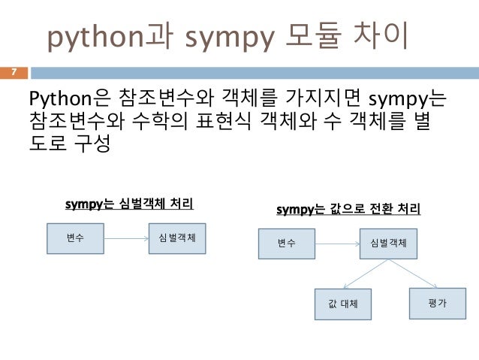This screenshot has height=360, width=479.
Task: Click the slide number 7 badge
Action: pyautogui.click(x=14, y=72)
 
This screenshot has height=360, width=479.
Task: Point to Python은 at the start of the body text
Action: pyautogui.click(x=71, y=98)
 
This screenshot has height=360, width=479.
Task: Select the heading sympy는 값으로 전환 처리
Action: pyautogui.click(x=348, y=208)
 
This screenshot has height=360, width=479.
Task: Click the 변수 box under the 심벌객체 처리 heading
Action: pyautogui.click(x=75, y=238)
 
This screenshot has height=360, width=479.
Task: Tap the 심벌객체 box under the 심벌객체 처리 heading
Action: pyautogui.click(x=178, y=238)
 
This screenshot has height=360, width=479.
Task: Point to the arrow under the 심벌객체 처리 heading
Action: pyautogui.click(x=126, y=238)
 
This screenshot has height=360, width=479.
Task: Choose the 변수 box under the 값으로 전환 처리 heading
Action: pyautogui.click(x=287, y=244)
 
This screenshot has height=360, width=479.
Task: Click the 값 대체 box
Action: pyautogui.click(x=342, y=304)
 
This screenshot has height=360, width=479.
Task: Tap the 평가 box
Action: pyautogui.click(x=437, y=301)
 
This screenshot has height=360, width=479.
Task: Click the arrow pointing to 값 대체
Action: pyautogui.click(x=365, y=274)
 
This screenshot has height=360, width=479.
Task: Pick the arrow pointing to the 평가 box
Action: pyautogui.click(x=411, y=273)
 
